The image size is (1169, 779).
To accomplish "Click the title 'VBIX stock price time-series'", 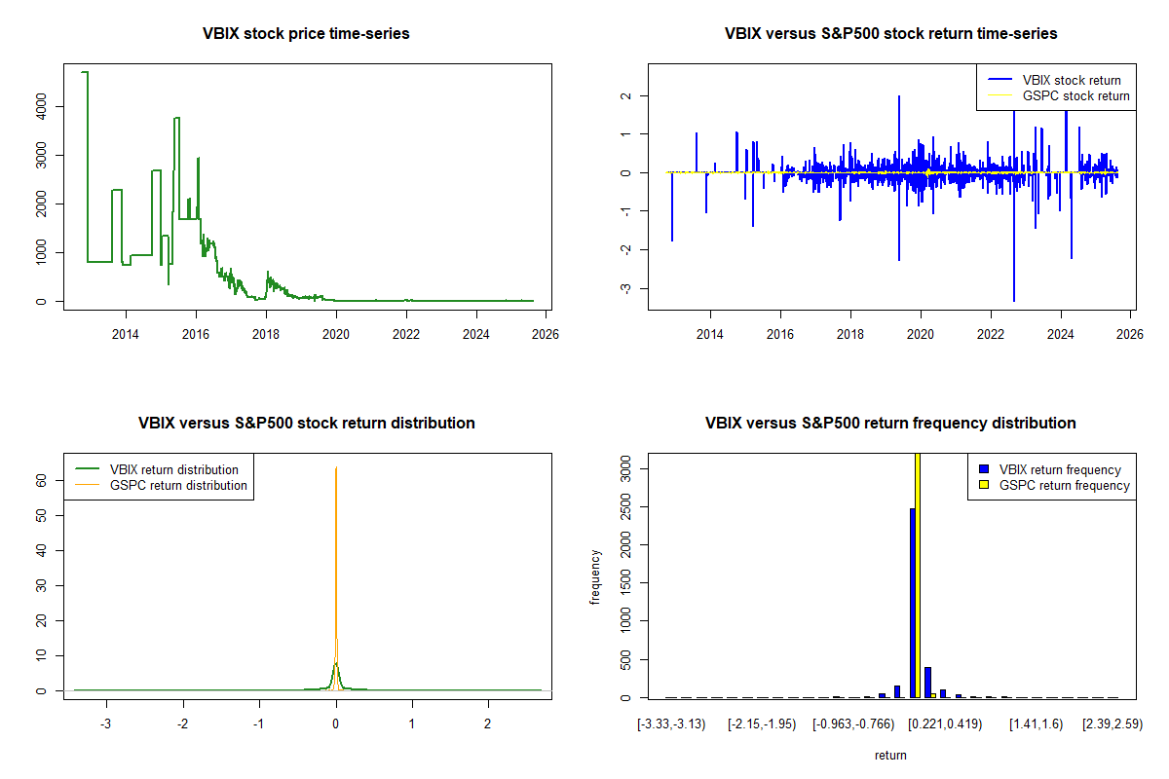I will pos(306,34).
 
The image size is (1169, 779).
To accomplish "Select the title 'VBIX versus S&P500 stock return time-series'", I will pos(890,34).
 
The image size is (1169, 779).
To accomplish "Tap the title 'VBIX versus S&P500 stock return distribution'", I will pos(306,424).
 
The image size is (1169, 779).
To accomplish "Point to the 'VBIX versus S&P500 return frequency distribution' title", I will pos(890,424).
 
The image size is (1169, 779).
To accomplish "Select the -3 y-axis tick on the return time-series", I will pos(626,288).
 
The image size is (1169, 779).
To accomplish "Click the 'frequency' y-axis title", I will pos(595,577).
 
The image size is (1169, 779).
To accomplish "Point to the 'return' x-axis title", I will pos(890,755).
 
